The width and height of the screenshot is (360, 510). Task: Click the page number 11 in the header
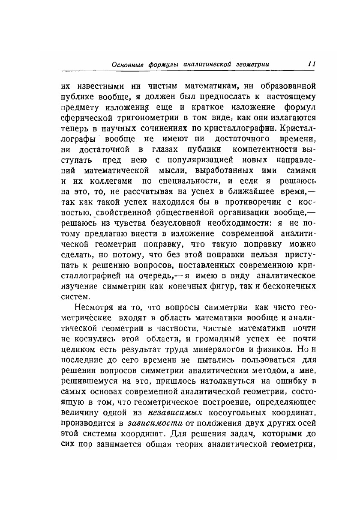point(312,64)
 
